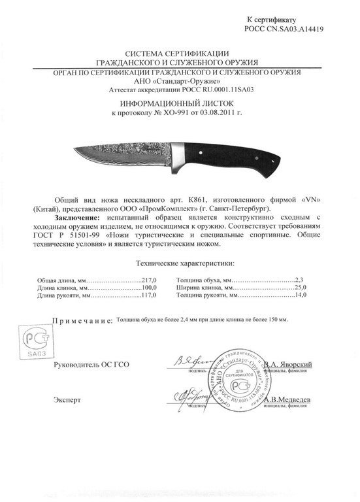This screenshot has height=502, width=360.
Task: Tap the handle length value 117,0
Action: tap(150, 294)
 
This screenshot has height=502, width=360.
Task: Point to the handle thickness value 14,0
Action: tap(300, 294)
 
